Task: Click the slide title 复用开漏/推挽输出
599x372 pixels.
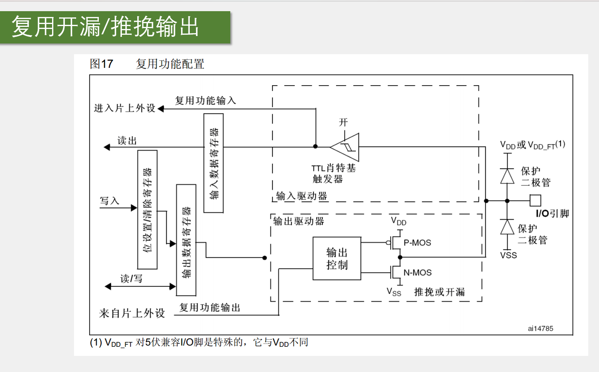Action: point(105,27)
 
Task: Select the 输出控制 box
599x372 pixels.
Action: point(337,259)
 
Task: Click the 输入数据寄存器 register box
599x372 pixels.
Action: point(214,163)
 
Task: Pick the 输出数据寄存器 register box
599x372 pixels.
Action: point(186,240)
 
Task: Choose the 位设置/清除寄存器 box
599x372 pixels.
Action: point(147,209)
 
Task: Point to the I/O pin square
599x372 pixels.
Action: point(535,201)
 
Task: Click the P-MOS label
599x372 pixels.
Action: point(417,243)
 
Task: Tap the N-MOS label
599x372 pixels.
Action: point(418,273)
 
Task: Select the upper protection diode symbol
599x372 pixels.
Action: point(507,176)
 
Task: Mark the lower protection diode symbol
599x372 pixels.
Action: point(507,227)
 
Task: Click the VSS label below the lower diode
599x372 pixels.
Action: point(508,255)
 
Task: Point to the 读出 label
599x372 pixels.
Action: point(127,141)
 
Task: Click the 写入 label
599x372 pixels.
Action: point(110,201)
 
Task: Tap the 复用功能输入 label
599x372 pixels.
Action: point(205,101)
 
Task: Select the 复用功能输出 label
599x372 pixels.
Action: point(210,307)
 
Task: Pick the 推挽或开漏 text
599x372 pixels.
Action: point(439,292)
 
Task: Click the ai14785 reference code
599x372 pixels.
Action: point(540,329)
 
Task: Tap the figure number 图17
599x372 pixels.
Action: point(101,64)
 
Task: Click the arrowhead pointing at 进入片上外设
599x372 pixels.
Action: point(161,109)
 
